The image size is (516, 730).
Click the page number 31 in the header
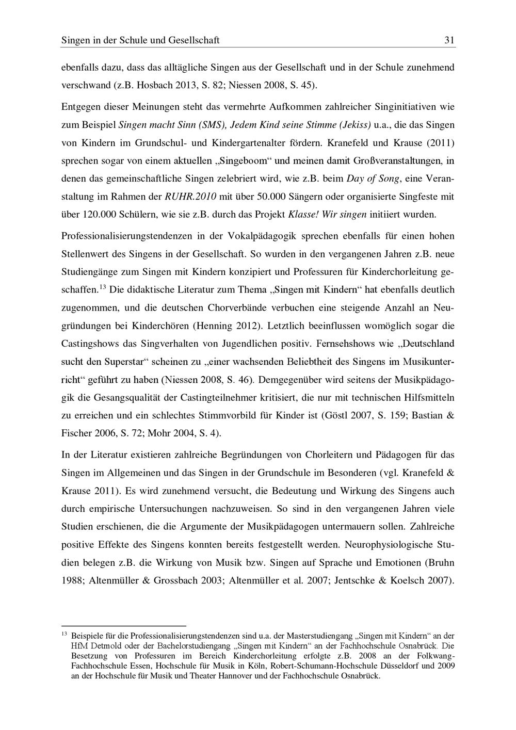point(449,40)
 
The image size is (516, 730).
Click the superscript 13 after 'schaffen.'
point(103,287)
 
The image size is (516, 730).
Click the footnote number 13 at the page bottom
point(64,634)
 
